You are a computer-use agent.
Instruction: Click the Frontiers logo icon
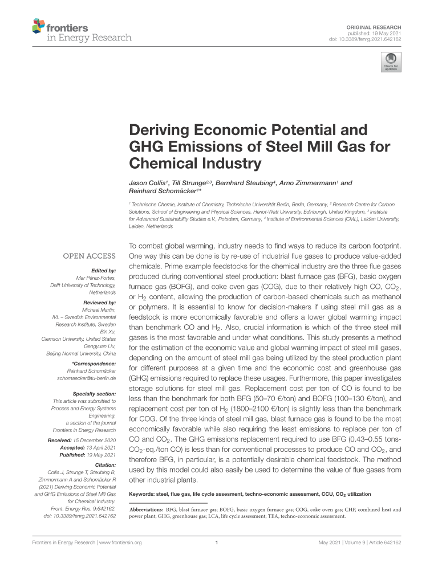tap(38, 26)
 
